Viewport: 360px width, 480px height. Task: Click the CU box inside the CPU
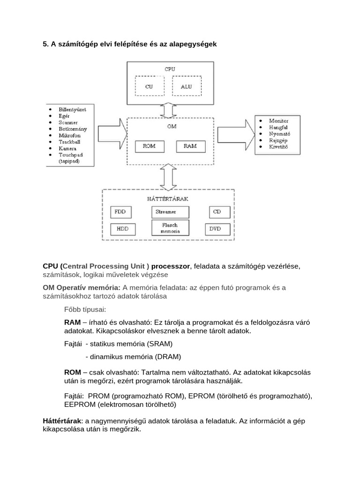point(149,86)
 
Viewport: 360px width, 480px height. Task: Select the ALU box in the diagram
point(186,86)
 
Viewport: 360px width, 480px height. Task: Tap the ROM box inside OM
point(149,146)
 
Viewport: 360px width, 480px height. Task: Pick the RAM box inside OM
point(190,146)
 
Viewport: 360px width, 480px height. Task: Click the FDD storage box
point(120,211)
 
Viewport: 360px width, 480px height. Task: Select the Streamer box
point(169,212)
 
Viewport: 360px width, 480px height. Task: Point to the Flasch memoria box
point(169,228)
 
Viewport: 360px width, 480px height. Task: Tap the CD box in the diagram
point(217,211)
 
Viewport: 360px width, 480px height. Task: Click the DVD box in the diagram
point(217,229)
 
